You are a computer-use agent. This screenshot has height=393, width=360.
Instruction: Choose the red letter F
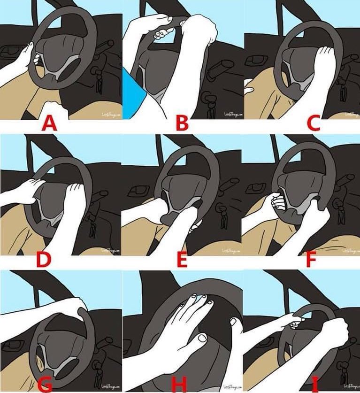pyautogui.click(x=310, y=260)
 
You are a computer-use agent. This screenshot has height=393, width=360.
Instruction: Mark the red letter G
pyautogui.click(x=44, y=384)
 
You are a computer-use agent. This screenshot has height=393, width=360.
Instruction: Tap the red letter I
pyautogui.click(x=314, y=384)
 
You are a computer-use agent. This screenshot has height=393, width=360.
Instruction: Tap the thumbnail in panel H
pyautogui.click(x=202, y=338)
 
